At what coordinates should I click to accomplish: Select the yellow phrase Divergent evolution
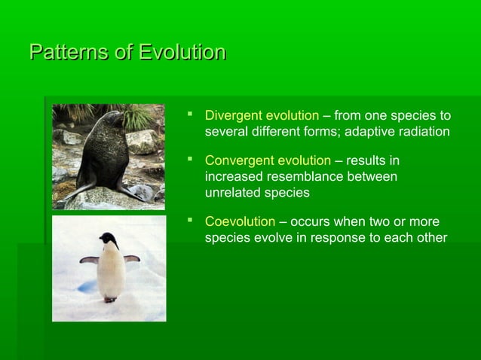click(262, 116)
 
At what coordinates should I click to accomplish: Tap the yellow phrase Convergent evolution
click(268, 160)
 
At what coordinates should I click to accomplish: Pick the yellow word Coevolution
click(240, 222)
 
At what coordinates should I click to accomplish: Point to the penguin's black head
click(109, 240)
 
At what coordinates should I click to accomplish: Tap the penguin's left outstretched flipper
click(88, 260)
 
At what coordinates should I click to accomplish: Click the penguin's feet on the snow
click(110, 299)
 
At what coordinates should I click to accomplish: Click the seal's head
click(114, 120)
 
